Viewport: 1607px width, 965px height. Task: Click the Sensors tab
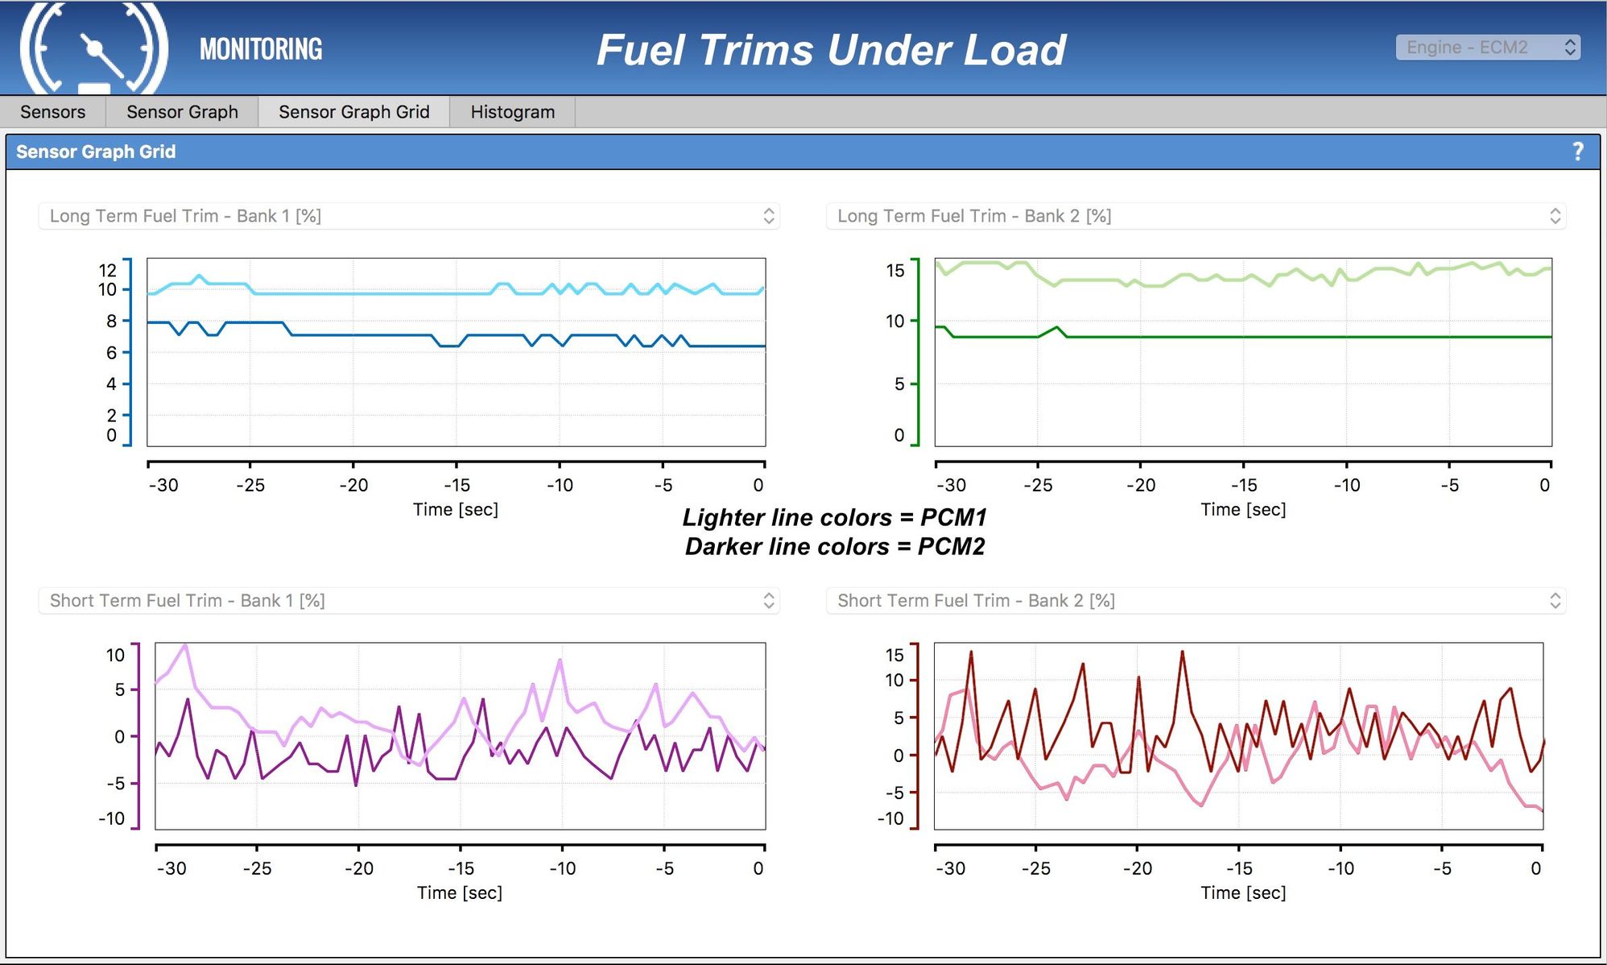pos(52,112)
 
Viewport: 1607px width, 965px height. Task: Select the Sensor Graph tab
pos(182,112)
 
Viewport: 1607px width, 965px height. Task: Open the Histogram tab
pos(513,112)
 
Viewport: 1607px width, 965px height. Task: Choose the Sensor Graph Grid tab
pos(353,112)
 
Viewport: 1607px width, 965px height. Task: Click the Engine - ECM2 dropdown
pos(1488,48)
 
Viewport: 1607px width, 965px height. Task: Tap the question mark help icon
pos(1578,151)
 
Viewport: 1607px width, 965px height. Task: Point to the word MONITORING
pos(261,49)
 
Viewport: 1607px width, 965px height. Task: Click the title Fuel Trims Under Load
pos(832,50)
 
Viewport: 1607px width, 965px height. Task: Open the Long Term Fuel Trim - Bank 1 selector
pos(409,216)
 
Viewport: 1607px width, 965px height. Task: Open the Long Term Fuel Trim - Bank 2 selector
pos(1196,216)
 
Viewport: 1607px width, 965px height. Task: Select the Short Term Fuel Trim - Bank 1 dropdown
pos(409,600)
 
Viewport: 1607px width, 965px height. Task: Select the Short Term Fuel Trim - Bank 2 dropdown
pos(1196,600)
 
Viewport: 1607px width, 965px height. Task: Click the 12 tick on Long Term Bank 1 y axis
pos(108,270)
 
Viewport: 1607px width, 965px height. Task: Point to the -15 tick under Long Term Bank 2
pos(1244,485)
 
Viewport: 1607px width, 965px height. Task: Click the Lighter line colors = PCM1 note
pos(835,517)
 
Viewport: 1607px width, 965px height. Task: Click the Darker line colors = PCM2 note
pos(835,547)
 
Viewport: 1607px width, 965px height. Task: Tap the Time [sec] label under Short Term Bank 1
pos(460,893)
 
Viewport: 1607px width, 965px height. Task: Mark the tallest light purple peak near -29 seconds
pos(186,645)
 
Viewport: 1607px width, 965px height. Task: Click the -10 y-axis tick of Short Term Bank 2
pos(891,818)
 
